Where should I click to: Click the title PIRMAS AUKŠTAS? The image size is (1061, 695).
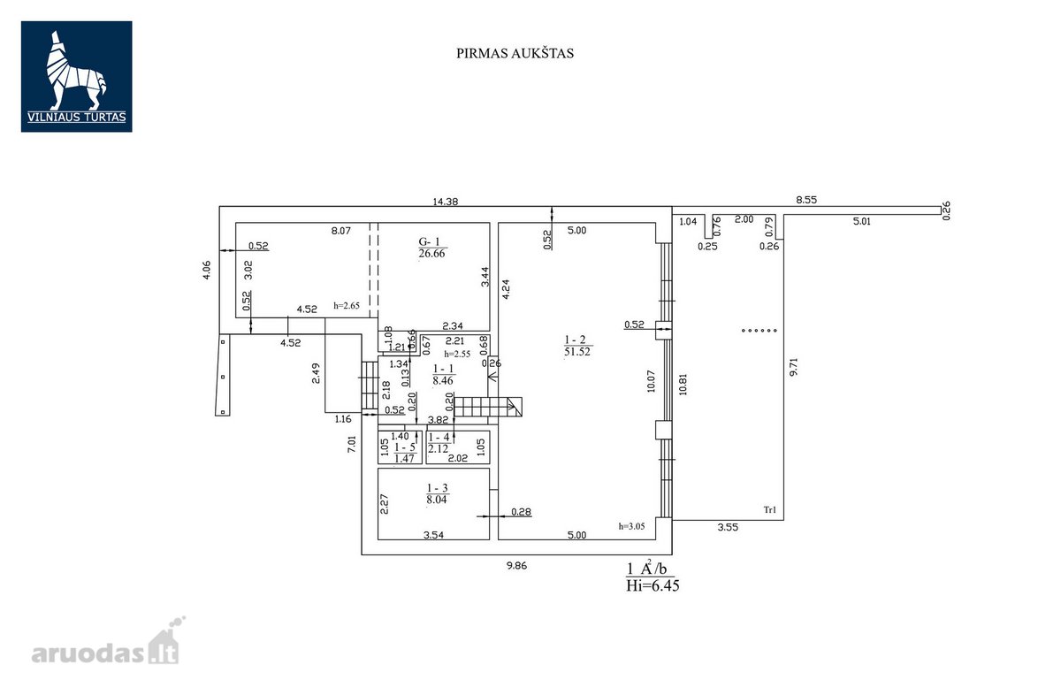[x=515, y=53]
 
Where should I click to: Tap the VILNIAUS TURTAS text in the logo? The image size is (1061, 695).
[x=77, y=117]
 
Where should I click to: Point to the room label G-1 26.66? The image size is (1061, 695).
[x=432, y=248]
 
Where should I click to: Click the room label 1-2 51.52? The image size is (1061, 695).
[x=576, y=346]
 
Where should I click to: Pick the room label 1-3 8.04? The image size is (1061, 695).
[x=437, y=493]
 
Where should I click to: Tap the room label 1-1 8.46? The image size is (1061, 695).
[x=443, y=374]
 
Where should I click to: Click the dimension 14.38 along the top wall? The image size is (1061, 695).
[x=446, y=202]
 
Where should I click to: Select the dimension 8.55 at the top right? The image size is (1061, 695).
[x=806, y=200]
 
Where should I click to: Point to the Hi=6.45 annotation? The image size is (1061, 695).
[x=653, y=585]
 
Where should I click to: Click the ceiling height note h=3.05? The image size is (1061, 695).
[x=631, y=526]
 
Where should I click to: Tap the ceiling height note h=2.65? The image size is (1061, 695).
[x=347, y=306]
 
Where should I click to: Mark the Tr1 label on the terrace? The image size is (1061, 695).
[x=770, y=510]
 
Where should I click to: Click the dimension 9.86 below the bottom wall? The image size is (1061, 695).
[x=516, y=566]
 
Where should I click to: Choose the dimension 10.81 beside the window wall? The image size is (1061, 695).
[x=683, y=385]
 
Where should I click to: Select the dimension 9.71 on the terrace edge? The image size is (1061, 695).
[x=794, y=367]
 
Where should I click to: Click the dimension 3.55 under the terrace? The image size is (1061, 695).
[x=728, y=527]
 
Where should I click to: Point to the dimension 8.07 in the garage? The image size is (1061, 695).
[x=341, y=231]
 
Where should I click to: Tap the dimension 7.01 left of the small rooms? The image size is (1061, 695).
[x=352, y=444]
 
